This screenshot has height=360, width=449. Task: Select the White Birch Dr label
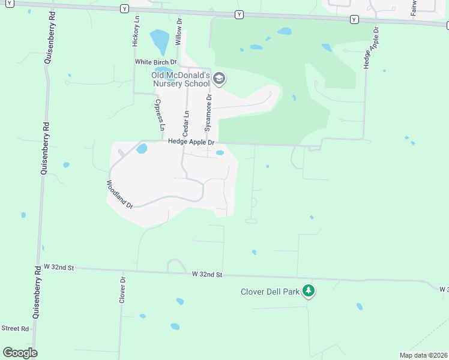[156, 62]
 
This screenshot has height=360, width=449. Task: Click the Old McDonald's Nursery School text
[181, 80]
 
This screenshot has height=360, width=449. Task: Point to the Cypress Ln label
[161, 116]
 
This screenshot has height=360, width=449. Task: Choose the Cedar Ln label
[185, 122]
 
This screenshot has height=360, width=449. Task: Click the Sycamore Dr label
[208, 112]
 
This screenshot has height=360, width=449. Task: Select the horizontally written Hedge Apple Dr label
[191, 142]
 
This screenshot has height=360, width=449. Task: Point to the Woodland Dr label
[119, 194]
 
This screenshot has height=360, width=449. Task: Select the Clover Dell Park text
[270, 292]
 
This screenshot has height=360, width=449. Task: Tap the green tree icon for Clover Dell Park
[309, 291]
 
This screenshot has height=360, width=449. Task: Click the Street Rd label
[15, 328]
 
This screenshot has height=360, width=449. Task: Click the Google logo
[20, 353]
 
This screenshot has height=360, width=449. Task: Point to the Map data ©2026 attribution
[423, 355]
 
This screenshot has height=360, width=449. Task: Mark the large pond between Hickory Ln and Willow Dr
[159, 42]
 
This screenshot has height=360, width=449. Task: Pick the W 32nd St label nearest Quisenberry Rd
[58, 266]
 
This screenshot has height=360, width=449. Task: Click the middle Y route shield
[240, 14]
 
